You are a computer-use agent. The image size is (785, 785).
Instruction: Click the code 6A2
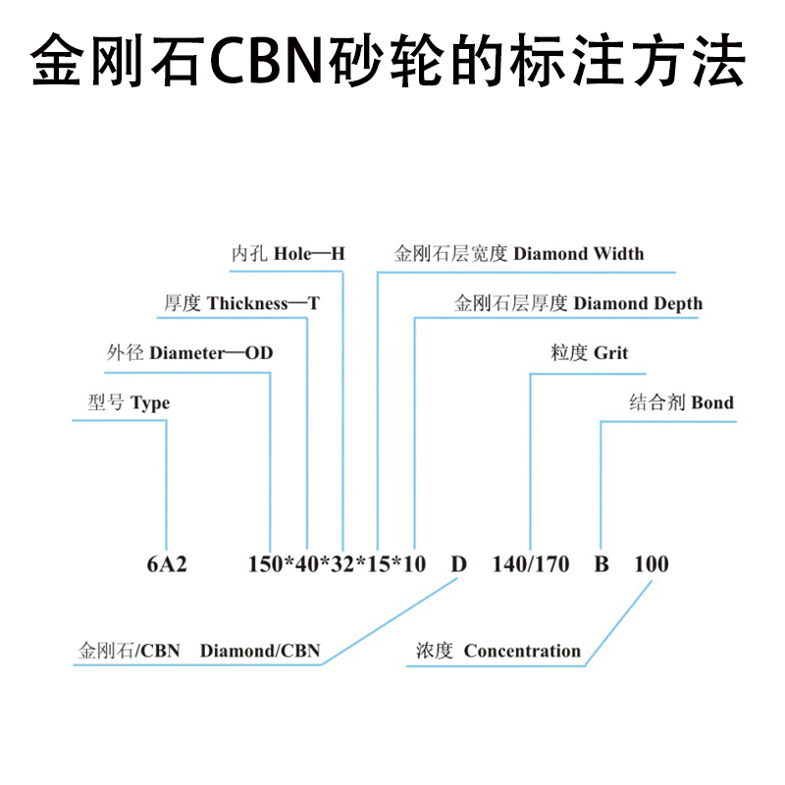tap(166, 564)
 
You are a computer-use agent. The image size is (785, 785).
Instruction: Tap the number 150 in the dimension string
tap(265, 564)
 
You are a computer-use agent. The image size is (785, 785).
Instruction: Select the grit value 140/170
tap(530, 564)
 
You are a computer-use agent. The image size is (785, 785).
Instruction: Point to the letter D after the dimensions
tap(458, 564)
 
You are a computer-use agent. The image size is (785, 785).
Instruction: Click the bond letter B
tap(602, 564)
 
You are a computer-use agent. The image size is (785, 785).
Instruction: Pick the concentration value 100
tap(652, 564)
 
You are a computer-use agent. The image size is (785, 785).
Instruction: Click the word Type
tap(149, 403)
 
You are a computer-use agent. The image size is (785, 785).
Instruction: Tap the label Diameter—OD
tap(211, 353)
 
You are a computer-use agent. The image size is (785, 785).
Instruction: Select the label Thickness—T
tap(263, 304)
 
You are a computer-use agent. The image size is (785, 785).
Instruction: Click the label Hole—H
tap(309, 254)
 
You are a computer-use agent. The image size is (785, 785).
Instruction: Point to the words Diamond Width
tap(579, 254)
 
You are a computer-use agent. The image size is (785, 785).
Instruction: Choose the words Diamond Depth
tap(638, 304)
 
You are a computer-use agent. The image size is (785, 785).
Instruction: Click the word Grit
tap(610, 353)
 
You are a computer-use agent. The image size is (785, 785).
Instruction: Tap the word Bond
tap(712, 403)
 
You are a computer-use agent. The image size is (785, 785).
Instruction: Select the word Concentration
tap(522, 651)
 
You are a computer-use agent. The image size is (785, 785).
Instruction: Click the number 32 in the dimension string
tap(341, 564)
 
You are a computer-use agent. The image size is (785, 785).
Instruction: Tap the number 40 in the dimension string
tap(305, 564)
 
